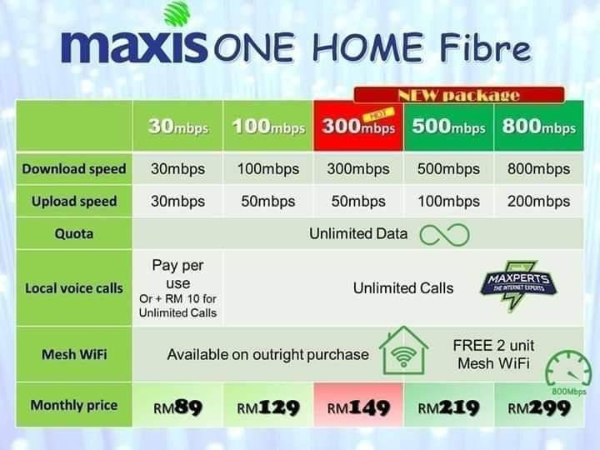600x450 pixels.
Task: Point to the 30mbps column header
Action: tap(177, 127)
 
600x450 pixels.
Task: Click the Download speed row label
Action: tap(74, 168)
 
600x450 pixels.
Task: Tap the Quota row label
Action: tap(74, 233)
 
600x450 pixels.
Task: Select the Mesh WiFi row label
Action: tap(74, 354)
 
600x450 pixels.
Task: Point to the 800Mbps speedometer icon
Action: tap(569, 371)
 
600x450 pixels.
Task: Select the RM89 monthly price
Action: tap(177, 407)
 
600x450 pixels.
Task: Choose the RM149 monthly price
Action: tap(358, 407)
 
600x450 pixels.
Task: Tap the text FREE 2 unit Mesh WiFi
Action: tap(493, 354)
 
